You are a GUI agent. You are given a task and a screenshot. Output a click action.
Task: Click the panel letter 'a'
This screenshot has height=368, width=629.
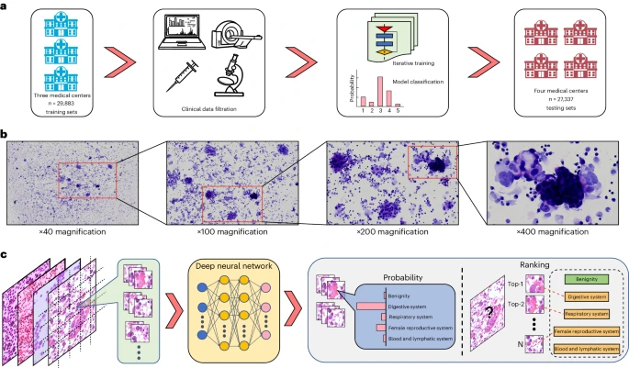pyautogui.click(x=6, y=6)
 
